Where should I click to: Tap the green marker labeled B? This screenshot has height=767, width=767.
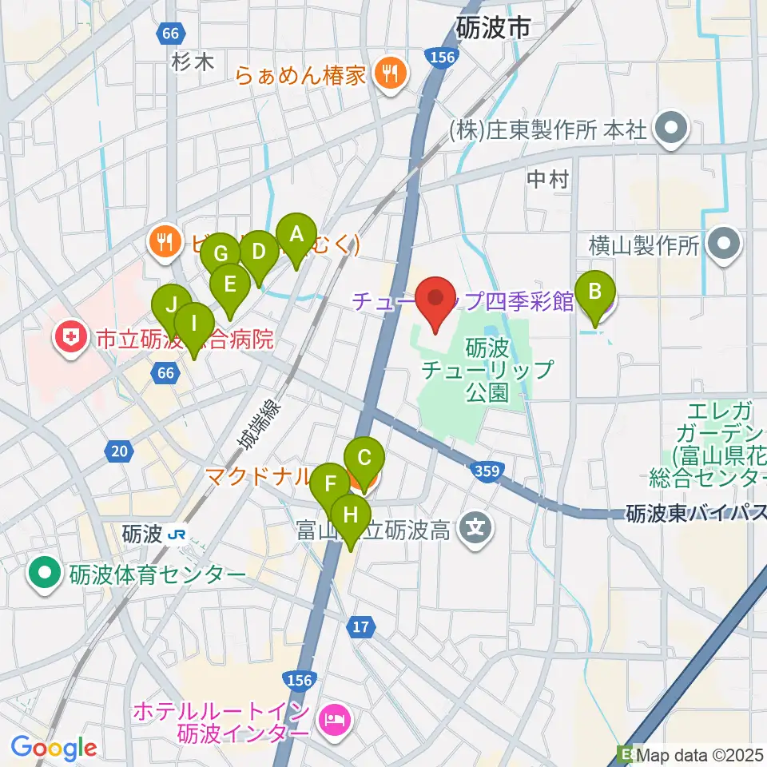tap(595, 293)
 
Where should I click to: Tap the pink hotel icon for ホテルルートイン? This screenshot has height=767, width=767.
tap(333, 720)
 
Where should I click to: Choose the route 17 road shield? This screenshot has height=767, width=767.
tap(362, 626)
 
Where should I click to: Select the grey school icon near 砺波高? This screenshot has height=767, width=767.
tap(477, 528)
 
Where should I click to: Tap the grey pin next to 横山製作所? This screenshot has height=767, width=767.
tap(725, 245)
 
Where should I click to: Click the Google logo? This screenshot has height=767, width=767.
tap(54, 748)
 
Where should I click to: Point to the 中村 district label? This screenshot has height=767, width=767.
tap(548, 180)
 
